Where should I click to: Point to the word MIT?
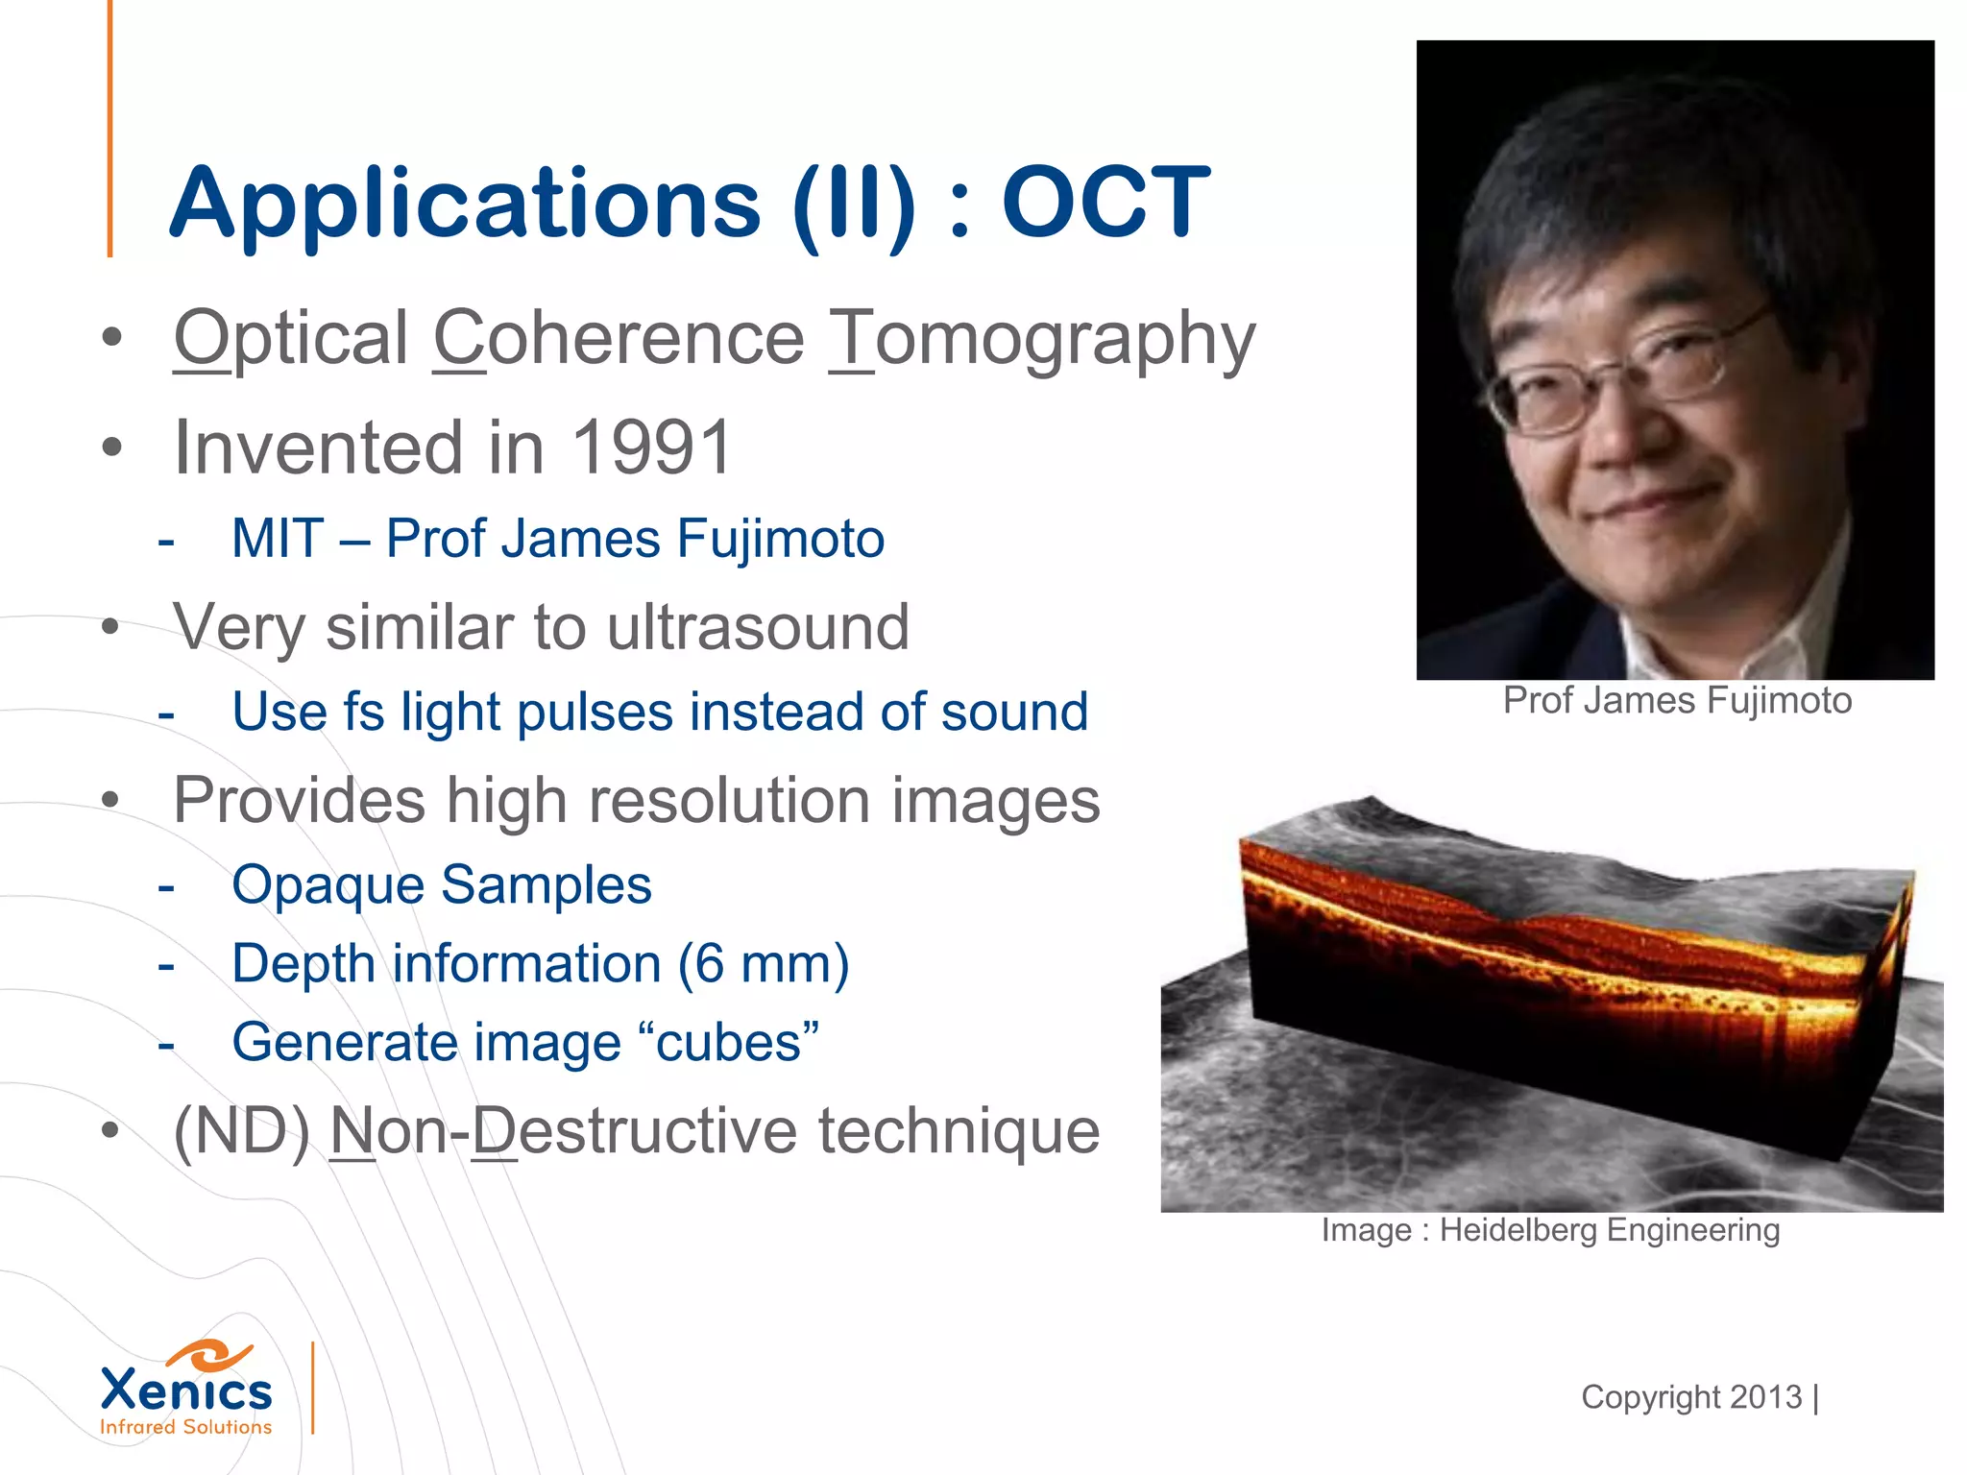pos(278,539)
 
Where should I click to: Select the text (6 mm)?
pos(764,964)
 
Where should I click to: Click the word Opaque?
pos(328,885)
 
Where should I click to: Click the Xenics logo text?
pos(186,1390)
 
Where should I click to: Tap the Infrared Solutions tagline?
pos(186,1428)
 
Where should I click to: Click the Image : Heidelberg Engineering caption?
pos(1550,1230)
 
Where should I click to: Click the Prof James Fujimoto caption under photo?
pos(1677,701)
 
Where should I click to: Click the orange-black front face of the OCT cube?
pos(1537,999)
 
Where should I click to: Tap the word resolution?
pos(731,801)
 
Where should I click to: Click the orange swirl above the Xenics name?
pos(209,1355)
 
